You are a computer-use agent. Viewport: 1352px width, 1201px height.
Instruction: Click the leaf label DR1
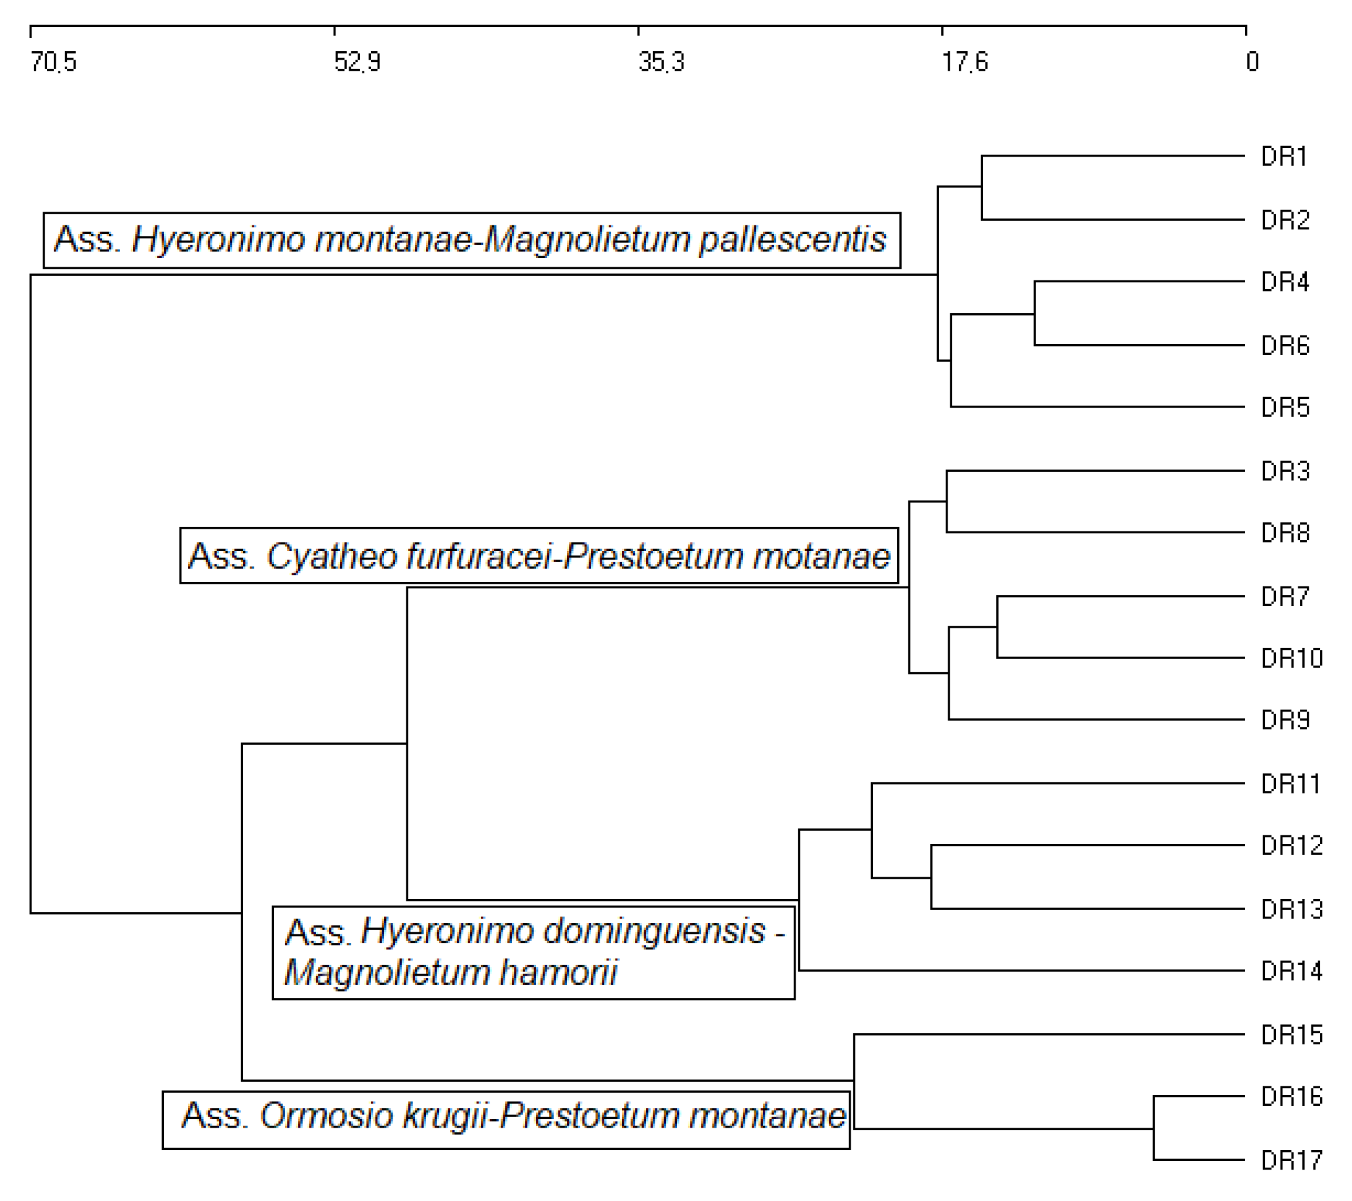(1284, 157)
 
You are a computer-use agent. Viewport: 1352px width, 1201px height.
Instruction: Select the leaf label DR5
(1284, 408)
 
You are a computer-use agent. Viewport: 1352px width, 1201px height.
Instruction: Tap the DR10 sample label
(1291, 658)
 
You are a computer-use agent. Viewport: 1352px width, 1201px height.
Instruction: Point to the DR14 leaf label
(1291, 972)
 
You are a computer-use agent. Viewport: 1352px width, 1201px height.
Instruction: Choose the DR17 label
(1291, 1160)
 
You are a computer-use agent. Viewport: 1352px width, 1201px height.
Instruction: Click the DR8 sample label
(1284, 533)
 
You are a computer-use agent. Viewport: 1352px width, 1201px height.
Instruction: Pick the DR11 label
(1290, 784)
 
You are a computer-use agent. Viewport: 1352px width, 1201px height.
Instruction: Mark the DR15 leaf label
(1291, 1035)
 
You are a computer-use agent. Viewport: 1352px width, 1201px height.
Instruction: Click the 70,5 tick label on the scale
(54, 62)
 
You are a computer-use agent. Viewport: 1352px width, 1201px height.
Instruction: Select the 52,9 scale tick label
(357, 62)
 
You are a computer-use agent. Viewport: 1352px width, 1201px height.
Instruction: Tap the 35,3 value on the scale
(661, 62)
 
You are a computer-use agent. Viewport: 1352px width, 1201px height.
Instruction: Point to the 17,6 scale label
(965, 62)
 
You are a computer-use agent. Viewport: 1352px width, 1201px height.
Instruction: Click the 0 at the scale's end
(1252, 62)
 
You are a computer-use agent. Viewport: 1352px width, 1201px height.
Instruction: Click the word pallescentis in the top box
(792, 239)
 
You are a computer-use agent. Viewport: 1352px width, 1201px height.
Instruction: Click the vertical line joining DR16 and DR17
(1154, 1128)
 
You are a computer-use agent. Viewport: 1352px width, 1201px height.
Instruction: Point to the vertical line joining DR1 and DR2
(982, 188)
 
